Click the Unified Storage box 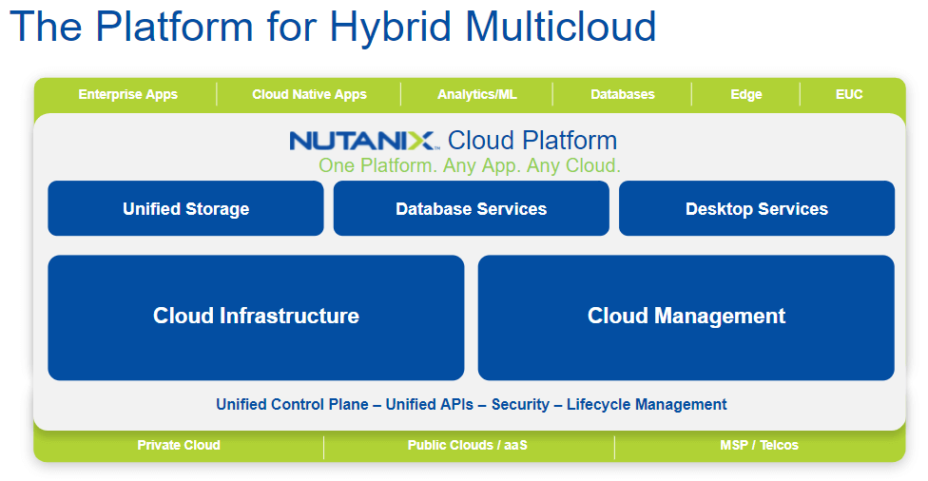(x=185, y=209)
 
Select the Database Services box (x=471, y=209)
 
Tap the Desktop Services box (x=757, y=209)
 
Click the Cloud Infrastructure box (x=256, y=317)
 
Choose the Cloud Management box (x=686, y=317)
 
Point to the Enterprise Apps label (x=127, y=94)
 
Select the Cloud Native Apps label (x=309, y=94)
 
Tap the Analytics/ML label (x=477, y=94)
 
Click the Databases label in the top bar (x=623, y=94)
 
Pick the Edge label (x=746, y=94)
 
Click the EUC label (x=849, y=94)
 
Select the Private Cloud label (x=179, y=445)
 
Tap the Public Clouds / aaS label (x=470, y=445)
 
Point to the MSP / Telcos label (x=759, y=445)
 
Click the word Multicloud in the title (x=552, y=26)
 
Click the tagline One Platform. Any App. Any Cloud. (x=470, y=165)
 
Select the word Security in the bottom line (x=520, y=404)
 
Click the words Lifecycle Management (x=647, y=404)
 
